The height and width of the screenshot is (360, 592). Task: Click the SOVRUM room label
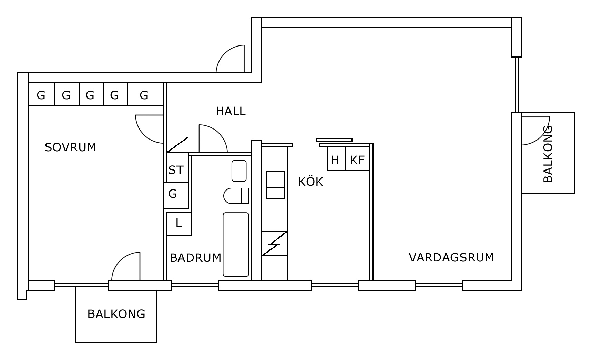click(x=70, y=147)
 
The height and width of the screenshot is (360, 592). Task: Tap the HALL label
click(x=231, y=111)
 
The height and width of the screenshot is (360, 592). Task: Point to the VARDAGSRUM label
click(x=451, y=257)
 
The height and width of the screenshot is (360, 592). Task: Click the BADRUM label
click(x=195, y=258)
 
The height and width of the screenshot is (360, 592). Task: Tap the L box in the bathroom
click(x=179, y=224)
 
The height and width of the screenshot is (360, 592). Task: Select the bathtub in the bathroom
click(x=236, y=244)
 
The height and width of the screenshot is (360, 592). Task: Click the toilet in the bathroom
click(x=236, y=196)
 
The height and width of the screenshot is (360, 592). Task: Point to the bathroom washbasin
click(x=239, y=171)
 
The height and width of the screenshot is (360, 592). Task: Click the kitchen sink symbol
click(x=275, y=185)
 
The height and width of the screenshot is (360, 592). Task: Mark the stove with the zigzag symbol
click(x=274, y=243)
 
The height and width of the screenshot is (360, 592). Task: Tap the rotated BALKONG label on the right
click(x=548, y=154)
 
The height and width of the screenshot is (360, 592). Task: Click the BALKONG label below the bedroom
click(x=116, y=314)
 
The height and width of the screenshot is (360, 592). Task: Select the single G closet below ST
click(x=176, y=195)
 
